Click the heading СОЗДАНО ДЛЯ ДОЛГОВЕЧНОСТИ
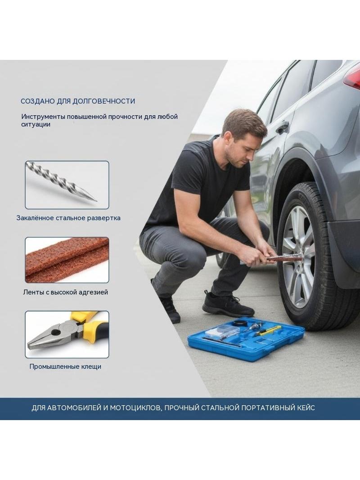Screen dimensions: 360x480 click(78, 101)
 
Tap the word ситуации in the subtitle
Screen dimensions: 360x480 click(36, 125)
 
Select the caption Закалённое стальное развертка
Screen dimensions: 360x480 click(68, 218)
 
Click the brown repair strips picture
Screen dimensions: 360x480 click(67, 260)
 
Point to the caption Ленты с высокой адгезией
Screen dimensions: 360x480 click(65, 292)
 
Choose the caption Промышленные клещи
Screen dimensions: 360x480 click(65, 367)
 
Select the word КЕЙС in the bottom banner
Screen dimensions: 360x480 click(306, 408)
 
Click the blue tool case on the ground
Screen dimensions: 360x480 click(246, 339)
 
